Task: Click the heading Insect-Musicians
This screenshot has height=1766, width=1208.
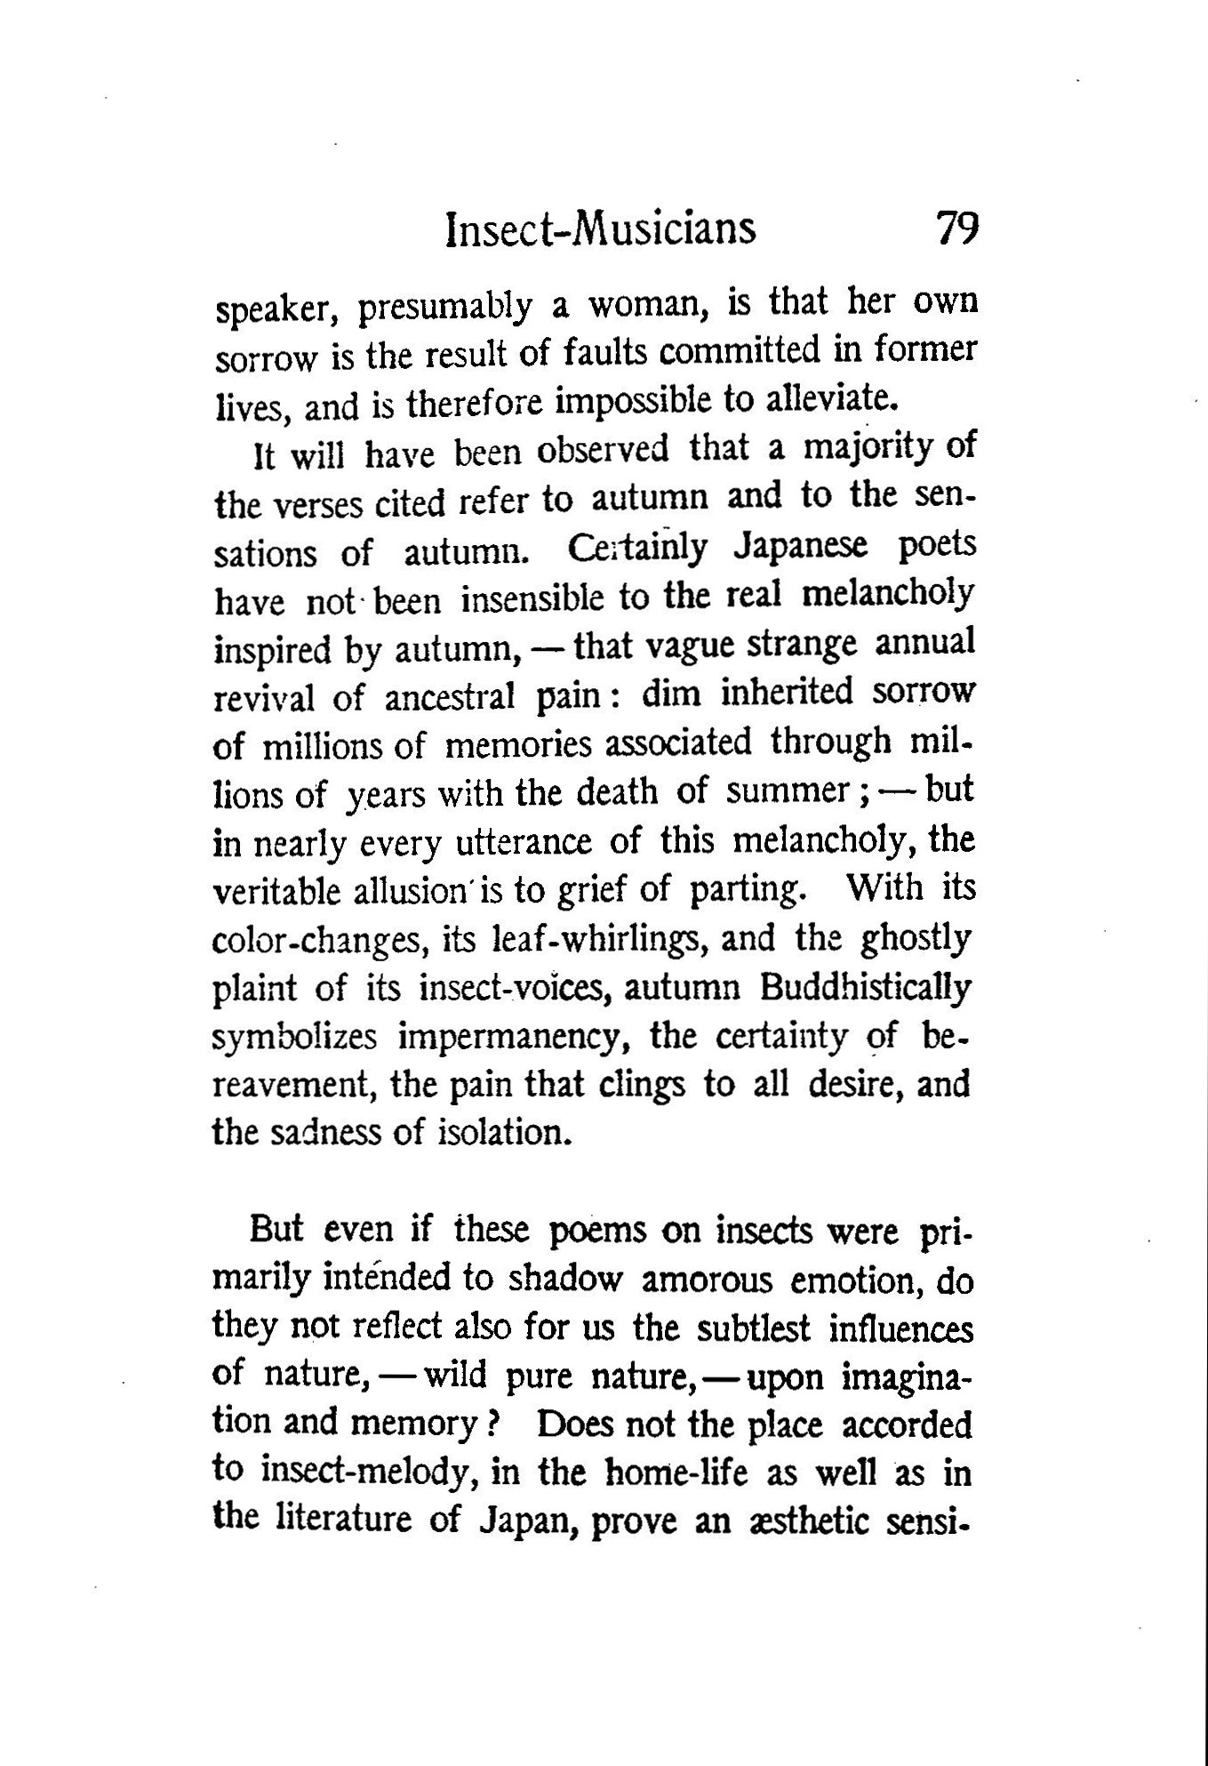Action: point(601,229)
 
